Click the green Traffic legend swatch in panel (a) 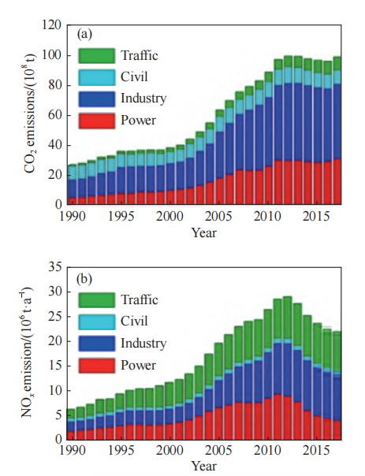pos(96,56)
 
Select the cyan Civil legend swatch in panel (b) pos(96,322)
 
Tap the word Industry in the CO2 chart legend pos(143,99)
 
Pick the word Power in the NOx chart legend pos(138,365)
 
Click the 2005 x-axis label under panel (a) pos(218,217)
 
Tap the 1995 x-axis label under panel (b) pos(121,450)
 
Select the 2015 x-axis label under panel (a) pos(316,217)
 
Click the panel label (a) pos(84,35)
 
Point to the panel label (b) pos(84,279)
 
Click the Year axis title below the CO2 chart pos(204,232)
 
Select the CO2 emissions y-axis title pos(30,113)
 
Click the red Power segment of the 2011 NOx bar pos(277,417)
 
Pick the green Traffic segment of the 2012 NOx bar pos(287,318)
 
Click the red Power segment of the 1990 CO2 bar pos(73,201)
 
